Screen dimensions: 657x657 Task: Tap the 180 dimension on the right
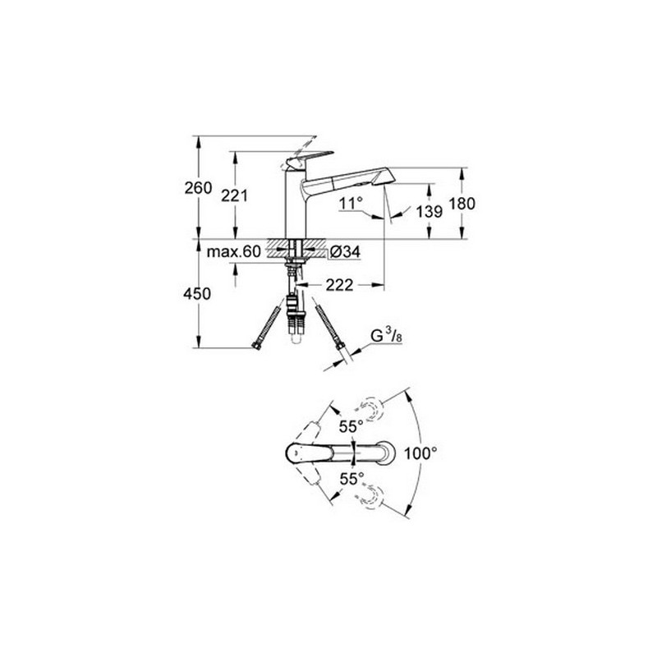click(x=463, y=204)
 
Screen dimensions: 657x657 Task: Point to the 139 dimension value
click(x=430, y=211)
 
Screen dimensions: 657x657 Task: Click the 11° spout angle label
click(x=352, y=200)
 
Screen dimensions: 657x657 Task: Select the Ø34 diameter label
click(x=344, y=252)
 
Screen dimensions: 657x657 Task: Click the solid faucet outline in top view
click(x=336, y=452)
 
